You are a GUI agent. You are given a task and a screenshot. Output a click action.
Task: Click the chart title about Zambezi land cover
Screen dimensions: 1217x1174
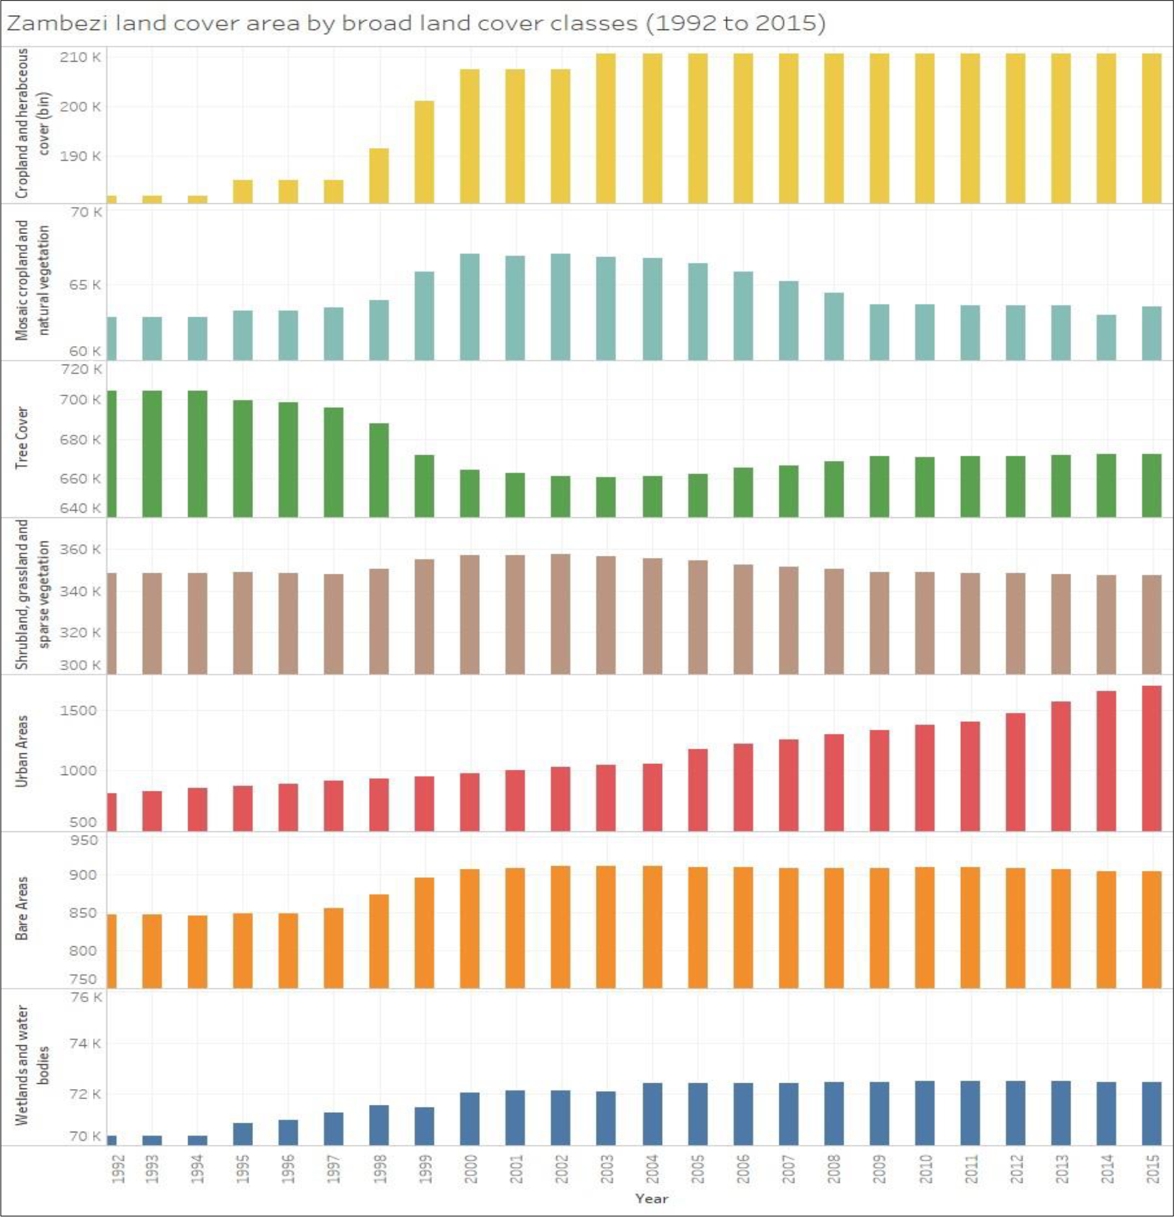pos(416,24)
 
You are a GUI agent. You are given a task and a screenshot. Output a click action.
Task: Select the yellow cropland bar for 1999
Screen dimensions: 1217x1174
pos(424,151)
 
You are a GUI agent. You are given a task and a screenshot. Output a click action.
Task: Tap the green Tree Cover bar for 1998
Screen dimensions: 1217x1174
pos(379,469)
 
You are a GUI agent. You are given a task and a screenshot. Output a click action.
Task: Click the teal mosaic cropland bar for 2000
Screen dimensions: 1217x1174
pos(469,306)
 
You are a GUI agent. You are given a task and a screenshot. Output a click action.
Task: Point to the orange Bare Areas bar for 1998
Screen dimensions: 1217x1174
pos(379,940)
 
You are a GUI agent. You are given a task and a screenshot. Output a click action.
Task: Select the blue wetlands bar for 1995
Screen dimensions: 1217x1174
pos(243,1134)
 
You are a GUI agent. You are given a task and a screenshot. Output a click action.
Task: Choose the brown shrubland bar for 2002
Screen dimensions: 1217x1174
pos(560,614)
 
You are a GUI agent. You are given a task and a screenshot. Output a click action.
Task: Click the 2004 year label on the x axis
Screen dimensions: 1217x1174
pos(652,1169)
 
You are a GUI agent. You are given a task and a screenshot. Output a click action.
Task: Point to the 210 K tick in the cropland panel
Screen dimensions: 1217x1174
pos(81,57)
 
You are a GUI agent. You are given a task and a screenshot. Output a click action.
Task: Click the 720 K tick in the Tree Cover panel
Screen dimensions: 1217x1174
pos(81,369)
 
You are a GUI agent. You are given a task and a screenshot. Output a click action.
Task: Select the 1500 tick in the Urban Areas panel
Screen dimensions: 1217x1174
pos(78,711)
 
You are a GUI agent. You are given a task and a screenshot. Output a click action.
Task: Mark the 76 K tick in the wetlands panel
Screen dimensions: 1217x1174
pos(85,997)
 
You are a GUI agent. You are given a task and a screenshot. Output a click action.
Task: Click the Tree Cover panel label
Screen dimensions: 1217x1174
pos(22,437)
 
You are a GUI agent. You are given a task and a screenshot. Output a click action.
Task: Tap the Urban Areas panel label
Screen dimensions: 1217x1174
pos(22,751)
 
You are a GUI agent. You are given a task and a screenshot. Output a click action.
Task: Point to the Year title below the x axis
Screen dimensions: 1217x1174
pos(651,1199)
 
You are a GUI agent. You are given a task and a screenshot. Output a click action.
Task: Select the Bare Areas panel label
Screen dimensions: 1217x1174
pos(22,908)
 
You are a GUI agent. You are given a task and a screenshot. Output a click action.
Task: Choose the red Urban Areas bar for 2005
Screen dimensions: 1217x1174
pos(697,789)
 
